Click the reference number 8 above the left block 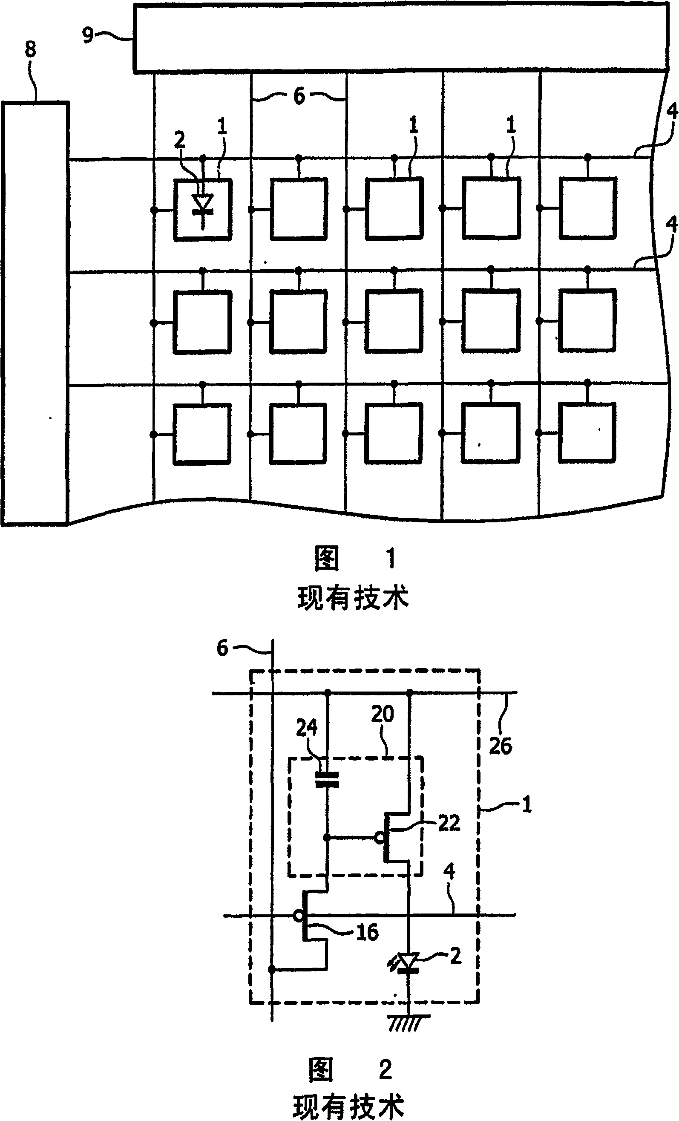point(30,49)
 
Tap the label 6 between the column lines point(299,96)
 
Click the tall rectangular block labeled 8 point(35,314)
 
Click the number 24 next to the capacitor point(307,727)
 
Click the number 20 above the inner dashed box point(382,714)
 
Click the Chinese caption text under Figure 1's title point(354,597)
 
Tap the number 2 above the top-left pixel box point(180,139)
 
